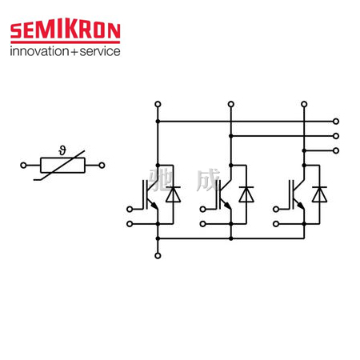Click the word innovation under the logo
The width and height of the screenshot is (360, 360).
coord(39,51)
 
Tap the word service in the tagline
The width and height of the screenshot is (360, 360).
coord(100,51)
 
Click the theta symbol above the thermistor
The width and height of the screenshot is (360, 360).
coord(62,150)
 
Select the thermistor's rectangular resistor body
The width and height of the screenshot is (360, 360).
coord(62,166)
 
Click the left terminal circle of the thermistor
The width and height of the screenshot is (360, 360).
coord(23,166)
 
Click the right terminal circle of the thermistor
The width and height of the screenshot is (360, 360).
coord(102,166)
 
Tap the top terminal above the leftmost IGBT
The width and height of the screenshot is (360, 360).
coord(158,104)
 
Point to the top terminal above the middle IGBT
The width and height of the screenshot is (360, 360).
coord(231,104)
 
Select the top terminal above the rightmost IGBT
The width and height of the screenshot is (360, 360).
coord(304,104)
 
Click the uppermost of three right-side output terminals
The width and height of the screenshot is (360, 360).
coord(336,122)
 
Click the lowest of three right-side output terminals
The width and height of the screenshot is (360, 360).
coord(336,150)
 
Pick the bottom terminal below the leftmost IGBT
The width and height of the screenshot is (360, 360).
coord(158,256)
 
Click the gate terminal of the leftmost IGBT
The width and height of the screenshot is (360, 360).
coord(130,210)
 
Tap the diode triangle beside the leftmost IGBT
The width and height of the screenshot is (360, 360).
coord(173,194)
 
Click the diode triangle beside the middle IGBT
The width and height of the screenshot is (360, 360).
coord(246,194)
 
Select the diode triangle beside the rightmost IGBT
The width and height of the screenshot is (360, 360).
coord(319,194)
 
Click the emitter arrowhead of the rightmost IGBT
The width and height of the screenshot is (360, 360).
coord(301,206)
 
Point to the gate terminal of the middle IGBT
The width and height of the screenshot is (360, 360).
coord(202,210)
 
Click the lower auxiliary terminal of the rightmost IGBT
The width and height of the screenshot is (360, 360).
coord(276,224)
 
